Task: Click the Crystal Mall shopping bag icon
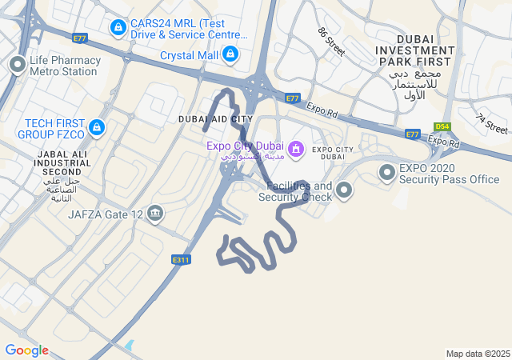(230, 54)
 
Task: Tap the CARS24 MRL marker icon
(118, 29)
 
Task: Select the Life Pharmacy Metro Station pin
(17, 66)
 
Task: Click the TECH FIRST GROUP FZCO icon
(97, 128)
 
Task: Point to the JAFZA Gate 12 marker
(155, 213)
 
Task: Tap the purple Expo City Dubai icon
(296, 149)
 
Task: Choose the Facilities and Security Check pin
(344, 190)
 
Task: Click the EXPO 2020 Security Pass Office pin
(388, 173)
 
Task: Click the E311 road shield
(182, 259)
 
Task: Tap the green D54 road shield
(442, 126)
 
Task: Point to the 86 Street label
(330, 42)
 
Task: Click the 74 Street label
(491, 123)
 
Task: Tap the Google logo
(26, 350)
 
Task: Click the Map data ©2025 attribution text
(478, 354)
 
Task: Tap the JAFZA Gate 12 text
(106, 214)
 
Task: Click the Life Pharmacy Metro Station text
(65, 66)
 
